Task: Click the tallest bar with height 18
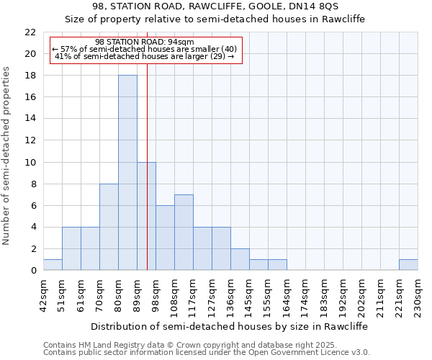(x=127, y=173)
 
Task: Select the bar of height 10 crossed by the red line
(x=146, y=216)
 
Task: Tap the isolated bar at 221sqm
(x=408, y=265)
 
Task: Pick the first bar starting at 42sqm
(x=53, y=265)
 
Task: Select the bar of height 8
(x=109, y=227)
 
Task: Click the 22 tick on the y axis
(x=30, y=32)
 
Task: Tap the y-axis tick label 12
(x=30, y=141)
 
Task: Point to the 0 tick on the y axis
(x=33, y=271)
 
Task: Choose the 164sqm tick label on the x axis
(x=287, y=296)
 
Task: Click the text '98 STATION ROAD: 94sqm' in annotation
(x=144, y=42)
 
